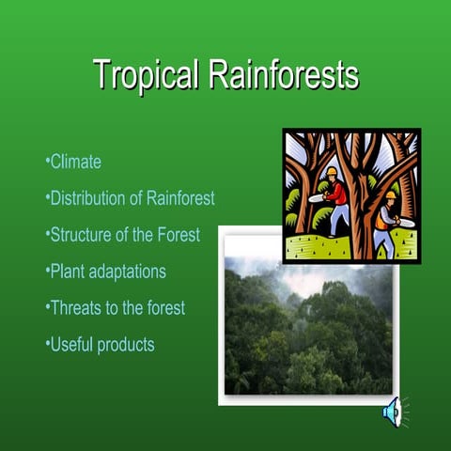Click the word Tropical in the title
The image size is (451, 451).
coord(147,75)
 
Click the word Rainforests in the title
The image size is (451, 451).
coord(283,75)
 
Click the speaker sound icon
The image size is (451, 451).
coord(392,411)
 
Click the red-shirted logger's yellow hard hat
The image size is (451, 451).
coord(332,172)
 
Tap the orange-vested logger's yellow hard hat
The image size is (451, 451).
coord(390,194)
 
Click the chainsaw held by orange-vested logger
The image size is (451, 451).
coord(403,223)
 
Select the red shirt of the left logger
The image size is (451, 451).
coord(335,192)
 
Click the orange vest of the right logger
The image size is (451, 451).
coord(385,216)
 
